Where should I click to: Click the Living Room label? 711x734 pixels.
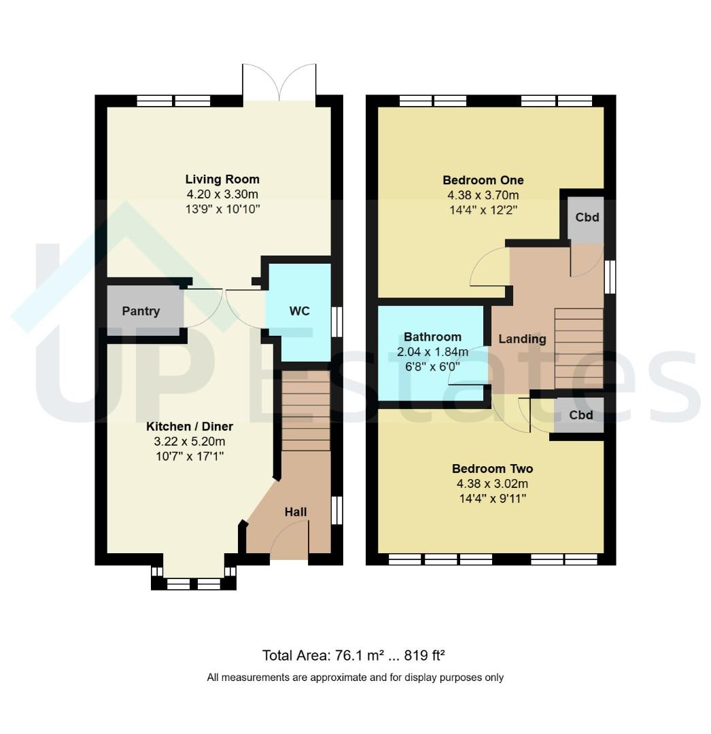[x=222, y=179]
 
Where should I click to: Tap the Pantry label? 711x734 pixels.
[x=141, y=311]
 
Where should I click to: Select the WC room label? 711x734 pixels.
[x=300, y=311]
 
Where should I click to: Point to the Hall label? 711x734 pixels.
[x=296, y=512]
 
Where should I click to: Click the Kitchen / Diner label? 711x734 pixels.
[x=190, y=426]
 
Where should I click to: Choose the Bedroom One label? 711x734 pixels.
[x=483, y=180]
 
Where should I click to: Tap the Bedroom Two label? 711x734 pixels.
[x=492, y=468]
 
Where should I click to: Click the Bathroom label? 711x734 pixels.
[x=432, y=336]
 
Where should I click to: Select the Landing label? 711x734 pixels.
[x=522, y=339]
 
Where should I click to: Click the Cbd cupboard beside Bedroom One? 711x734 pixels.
[x=587, y=217]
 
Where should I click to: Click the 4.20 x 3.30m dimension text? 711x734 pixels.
[x=222, y=194]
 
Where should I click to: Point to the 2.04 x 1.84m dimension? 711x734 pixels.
[x=432, y=351]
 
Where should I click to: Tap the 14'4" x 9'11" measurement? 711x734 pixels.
[x=492, y=499]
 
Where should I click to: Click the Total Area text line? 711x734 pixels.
[x=353, y=655]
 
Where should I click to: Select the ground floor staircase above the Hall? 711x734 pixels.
[x=306, y=411]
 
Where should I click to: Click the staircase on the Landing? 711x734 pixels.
[x=579, y=348]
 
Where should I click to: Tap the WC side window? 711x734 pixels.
[x=336, y=321]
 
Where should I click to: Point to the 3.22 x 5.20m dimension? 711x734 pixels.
[x=190, y=442]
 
